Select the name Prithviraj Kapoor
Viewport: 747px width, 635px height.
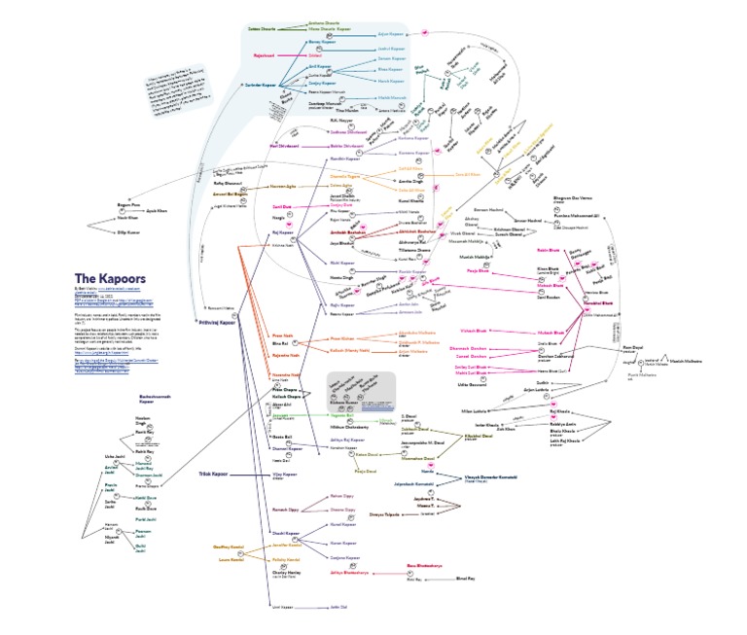coord(213,321)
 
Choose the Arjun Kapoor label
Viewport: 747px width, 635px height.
coord(390,32)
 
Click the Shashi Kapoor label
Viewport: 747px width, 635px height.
coord(284,532)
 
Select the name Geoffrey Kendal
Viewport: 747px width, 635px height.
coord(227,547)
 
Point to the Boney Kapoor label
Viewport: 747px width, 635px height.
coord(320,44)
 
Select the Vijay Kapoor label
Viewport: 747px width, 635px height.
coord(283,475)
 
